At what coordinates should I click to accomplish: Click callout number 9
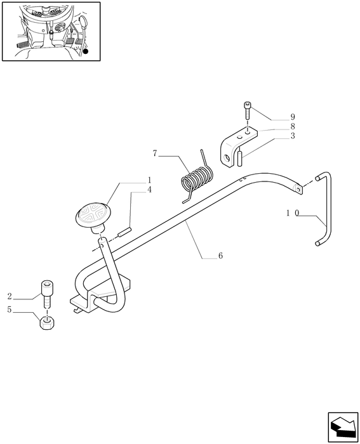tap(293, 117)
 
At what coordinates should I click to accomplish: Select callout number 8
tap(293, 126)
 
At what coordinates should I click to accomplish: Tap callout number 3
tap(293, 136)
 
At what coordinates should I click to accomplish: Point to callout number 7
tap(155, 153)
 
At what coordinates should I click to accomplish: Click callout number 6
tap(220, 256)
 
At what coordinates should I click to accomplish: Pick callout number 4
tap(149, 190)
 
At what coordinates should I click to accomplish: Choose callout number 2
tap(10, 296)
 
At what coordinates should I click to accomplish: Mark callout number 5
tap(10, 310)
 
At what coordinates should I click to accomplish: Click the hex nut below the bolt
tap(47, 323)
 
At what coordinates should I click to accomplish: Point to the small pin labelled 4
tap(124, 232)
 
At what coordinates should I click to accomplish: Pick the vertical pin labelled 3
tap(239, 159)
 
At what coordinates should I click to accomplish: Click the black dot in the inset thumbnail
tap(86, 51)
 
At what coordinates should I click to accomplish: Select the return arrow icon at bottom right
tap(343, 427)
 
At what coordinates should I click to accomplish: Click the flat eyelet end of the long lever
tap(298, 188)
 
